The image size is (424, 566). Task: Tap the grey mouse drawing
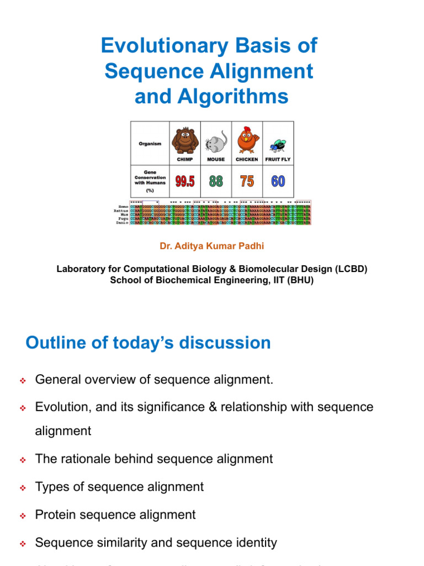click(x=215, y=143)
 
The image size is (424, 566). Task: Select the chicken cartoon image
click(x=247, y=140)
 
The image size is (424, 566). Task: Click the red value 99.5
click(x=184, y=181)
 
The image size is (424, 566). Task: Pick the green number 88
click(x=216, y=181)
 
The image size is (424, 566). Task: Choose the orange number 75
click(x=247, y=181)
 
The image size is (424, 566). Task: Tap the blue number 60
click(x=278, y=181)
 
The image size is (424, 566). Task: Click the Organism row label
click(x=150, y=144)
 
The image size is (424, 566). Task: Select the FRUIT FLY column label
click(x=278, y=159)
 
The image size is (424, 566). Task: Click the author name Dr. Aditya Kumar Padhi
click(x=212, y=246)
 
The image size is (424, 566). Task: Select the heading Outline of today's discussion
click(x=148, y=343)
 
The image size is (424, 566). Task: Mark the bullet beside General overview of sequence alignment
click(x=23, y=381)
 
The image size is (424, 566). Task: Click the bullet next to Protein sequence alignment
click(x=23, y=516)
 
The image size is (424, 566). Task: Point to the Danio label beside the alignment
click(x=123, y=223)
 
